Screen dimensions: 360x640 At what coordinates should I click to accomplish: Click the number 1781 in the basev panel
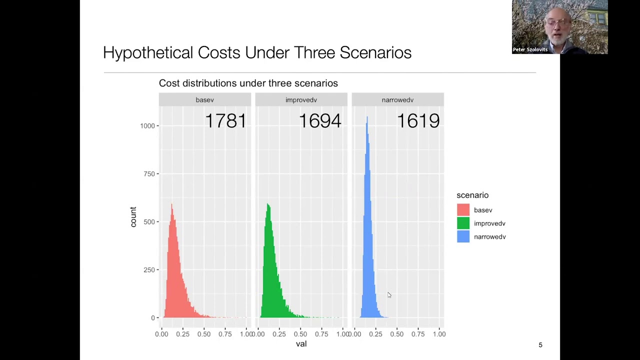[225, 121]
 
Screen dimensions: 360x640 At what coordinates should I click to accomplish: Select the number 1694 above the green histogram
[320, 121]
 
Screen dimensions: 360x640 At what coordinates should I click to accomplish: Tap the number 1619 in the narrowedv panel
[418, 121]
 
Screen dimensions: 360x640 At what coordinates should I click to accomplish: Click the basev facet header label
[204, 100]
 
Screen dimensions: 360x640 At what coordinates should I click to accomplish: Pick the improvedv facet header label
[301, 100]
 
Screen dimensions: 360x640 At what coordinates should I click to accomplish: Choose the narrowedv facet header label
[397, 100]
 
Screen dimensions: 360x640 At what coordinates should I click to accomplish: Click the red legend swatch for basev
[463, 210]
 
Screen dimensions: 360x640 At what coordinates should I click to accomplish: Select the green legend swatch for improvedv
[463, 223]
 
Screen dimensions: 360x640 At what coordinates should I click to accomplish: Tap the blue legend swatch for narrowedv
[463, 236]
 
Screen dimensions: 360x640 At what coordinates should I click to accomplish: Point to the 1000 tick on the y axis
[147, 126]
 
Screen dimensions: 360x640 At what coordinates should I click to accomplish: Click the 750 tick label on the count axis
[149, 174]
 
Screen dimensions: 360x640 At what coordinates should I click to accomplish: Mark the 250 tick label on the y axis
[149, 270]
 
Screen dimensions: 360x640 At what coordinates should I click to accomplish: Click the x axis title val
[301, 344]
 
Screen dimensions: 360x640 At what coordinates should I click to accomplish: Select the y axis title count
[133, 217]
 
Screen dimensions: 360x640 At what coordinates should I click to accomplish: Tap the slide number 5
[540, 345]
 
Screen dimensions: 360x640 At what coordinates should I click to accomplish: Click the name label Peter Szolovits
[530, 49]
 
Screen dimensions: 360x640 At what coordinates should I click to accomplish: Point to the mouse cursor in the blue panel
[389, 295]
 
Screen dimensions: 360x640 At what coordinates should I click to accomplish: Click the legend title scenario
[472, 195]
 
